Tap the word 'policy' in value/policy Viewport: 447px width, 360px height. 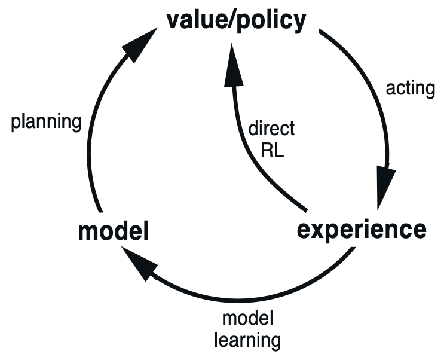[x=273, y=21]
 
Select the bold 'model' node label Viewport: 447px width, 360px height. [x=114, y=231]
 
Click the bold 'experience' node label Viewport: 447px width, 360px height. [x=362, y=228]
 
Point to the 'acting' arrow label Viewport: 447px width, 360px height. [x=411, y=89]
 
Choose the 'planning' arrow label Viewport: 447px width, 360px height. [x=47, y=122]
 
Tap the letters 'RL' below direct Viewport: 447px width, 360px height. [x=273, y=149]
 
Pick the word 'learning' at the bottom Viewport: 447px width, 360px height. [x=247, y=340]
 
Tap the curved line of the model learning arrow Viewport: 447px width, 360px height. [x=251, y=295]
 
